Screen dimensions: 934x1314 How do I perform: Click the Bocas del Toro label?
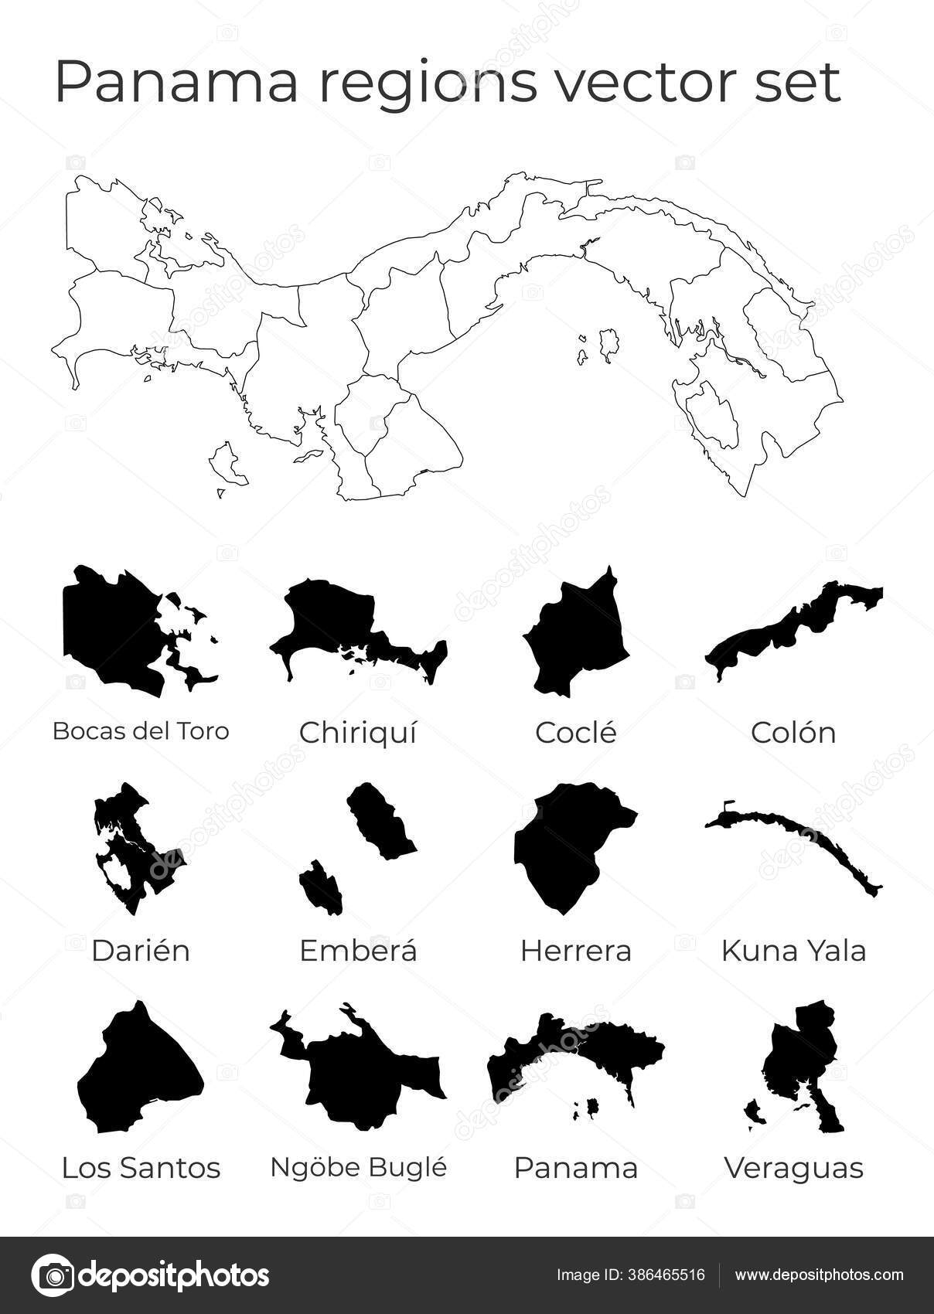pyautogui.click(x=141, y=730)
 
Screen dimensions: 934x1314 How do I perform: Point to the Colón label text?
pyautogui.click(x=793, y=733)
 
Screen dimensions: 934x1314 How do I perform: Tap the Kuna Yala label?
pyautogui.click(x=793, y=951)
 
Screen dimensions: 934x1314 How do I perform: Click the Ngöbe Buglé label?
pyautogui.click(x=358, y=1168)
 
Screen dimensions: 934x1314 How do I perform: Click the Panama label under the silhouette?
pyautogui.click(x=576, y=1168)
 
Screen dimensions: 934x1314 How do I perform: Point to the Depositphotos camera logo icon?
pyautogui.click(x=53, y=1275)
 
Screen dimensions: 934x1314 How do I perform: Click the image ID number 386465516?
pyautogui.click(x=666, y=1275)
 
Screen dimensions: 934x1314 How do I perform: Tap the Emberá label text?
pyautogui.click(x=358, y=951)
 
